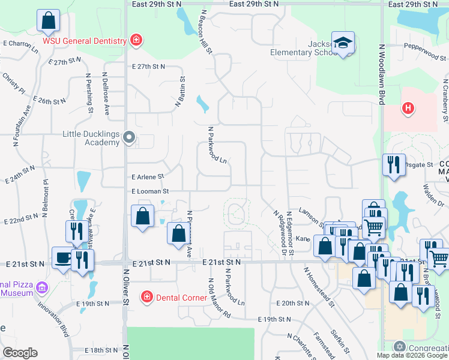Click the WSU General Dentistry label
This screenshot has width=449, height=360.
pyautogui.click(x=84, y=41)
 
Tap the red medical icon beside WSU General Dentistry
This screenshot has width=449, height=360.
pyautogui.click(x=137, y=40)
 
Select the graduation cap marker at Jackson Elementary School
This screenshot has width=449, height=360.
pyautogui.click(x=343, y=43)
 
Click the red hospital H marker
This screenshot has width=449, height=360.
pyautogui.click(x=408, y=109)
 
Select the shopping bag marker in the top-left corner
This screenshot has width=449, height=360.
pyautogui.click(x=48, y=21)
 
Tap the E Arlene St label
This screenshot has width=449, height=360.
pyautogui.click(x=147, y=177)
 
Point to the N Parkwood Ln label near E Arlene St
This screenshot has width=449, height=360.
pyautogui.click(x=217, y=145)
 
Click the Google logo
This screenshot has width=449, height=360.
pyautogui.click(x=20, y=353)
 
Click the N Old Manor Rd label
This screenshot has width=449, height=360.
pyautogui.click(x=218, y=298)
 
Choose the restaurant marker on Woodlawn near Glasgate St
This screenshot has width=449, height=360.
pyautogui.click(x=394, y=165)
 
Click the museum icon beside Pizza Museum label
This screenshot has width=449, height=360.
pyautogui.click(x=41, y=289)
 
